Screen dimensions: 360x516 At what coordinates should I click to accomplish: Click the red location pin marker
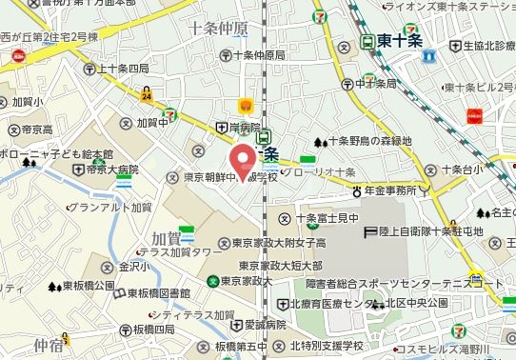(x=243, y=158)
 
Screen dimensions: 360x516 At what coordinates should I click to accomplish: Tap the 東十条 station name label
(x=399, y=41)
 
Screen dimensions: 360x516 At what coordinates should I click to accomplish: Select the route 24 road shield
(x=146, y=96)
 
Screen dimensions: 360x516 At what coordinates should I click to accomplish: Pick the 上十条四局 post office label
(x=123, y=69)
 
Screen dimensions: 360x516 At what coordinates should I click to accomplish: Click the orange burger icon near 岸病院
(x=247, y=105)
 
